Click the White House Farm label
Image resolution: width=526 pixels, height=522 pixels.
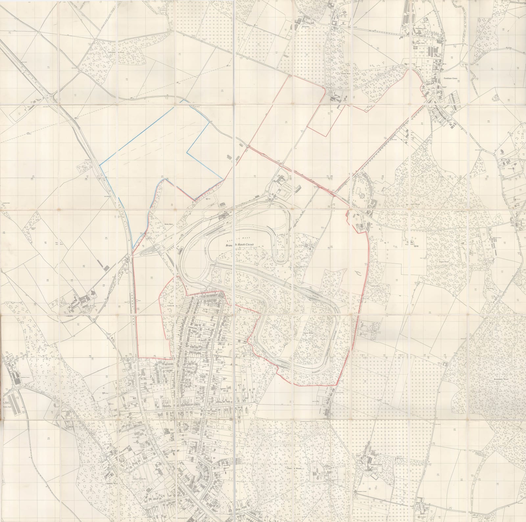pos(420,29)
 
